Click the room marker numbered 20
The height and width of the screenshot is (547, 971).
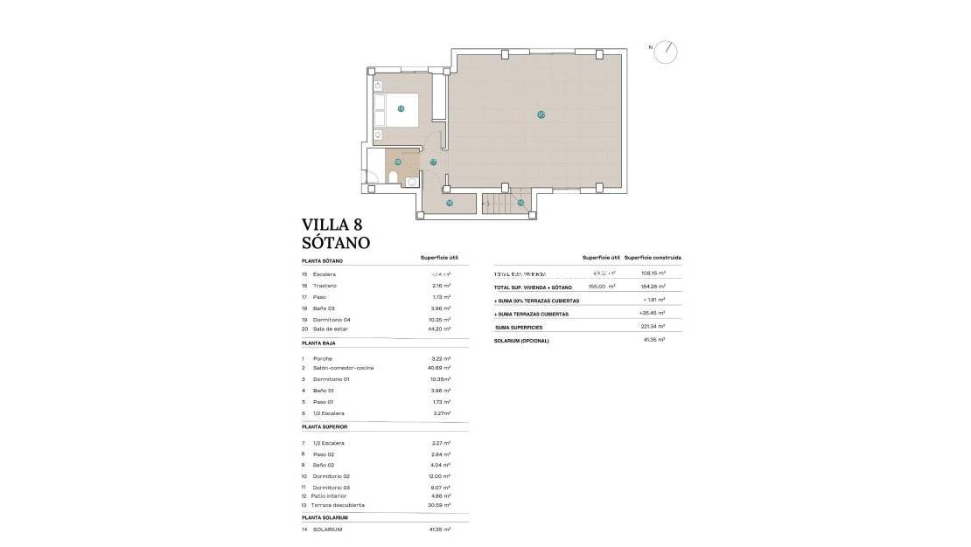pos(541,114)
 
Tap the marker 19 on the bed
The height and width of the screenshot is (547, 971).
pos(401,109)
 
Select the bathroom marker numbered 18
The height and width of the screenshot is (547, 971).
pos(397,162)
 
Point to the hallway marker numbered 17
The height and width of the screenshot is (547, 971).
pos(433,163)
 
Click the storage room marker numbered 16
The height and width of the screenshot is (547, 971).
pos(450,203)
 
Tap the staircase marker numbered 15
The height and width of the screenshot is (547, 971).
pos(520,203)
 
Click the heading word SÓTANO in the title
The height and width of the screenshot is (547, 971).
pos(335,243)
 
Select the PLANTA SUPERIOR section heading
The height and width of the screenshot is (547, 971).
pos(325,426)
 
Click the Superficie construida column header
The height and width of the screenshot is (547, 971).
pos(653,258)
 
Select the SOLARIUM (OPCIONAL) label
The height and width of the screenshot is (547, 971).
pos(521,340)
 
